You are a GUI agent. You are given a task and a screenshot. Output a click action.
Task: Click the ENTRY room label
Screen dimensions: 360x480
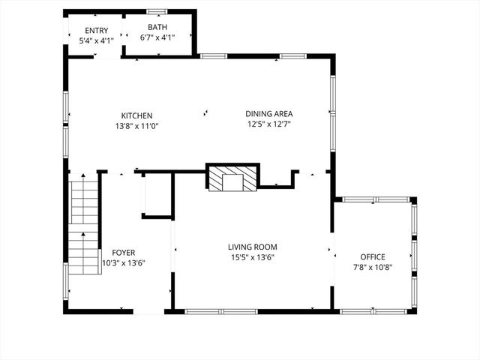[x=97, y=31]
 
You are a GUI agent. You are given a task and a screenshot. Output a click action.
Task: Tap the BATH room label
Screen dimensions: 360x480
[x=157, y=27]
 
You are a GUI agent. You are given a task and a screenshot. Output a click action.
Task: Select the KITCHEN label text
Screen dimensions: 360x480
[x=137, y=115]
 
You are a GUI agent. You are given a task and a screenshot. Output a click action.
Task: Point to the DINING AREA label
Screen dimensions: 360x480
[x=268, y=114]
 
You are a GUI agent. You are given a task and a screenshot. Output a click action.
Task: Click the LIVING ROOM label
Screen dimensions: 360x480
[x=253, y=247]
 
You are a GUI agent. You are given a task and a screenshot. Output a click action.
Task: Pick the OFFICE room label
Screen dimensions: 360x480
[x=373, y=256]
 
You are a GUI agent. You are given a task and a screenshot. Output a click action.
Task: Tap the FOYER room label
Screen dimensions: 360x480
[x=124, y=253]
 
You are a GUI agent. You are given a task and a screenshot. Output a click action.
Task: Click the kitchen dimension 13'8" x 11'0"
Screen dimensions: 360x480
[x=137, y=126]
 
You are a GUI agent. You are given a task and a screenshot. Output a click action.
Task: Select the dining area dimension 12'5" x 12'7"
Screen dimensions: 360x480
[x=268, y=124]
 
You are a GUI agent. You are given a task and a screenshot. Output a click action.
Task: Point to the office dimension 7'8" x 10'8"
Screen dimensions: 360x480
[x=373, y=267]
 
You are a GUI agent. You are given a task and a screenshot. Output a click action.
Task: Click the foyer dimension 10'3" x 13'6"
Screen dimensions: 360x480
[x=124, y=263]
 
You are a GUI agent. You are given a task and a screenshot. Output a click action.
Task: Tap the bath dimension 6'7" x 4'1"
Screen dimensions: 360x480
[x=157, y=37]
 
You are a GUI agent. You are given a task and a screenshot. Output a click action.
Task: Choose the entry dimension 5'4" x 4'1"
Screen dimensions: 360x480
[x=97, y=41]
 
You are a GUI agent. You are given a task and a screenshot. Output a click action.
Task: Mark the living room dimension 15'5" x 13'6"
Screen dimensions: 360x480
[x=253, y=257]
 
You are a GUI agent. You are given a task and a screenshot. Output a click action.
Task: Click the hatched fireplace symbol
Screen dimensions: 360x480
[x=232, y=179]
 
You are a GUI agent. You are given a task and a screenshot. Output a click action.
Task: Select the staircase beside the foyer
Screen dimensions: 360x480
[x=84, y=223]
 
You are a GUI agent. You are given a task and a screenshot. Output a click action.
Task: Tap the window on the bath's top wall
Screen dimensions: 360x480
[x=157, y=10]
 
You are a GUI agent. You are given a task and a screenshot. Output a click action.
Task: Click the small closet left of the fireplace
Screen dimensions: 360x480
[x=157, y=195]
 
